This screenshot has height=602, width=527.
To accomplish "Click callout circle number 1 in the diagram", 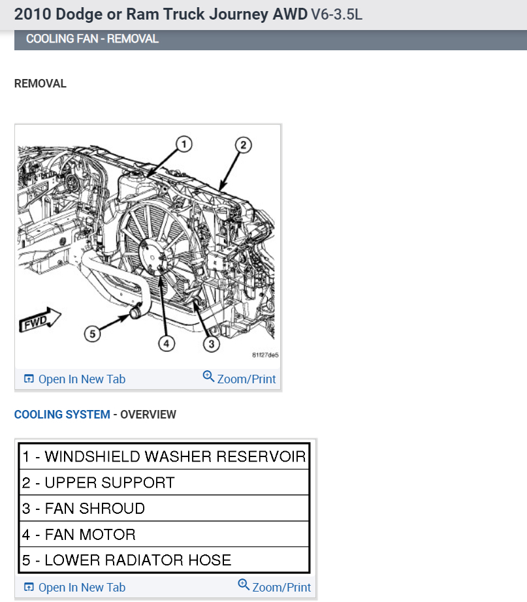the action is pos(184,144).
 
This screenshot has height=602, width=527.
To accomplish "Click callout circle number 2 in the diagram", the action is pos(242,145).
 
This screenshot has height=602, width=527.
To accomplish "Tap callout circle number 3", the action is pos(211,341).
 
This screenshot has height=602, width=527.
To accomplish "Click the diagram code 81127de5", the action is pos(265,356).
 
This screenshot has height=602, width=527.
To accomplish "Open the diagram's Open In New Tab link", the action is pos(74,379).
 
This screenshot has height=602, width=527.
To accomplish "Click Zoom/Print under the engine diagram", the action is pos(240,379).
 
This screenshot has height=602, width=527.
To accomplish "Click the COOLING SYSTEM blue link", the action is pos(62,415).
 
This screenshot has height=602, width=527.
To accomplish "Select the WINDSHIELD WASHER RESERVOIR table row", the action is pos(164,456).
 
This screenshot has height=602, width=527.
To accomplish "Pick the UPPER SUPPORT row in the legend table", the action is pos(164,483).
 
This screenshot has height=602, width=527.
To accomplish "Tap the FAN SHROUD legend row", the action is pos(164,509).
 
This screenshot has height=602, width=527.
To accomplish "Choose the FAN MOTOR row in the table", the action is pos(164,535).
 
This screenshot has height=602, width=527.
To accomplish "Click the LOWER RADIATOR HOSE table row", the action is pos(164,560).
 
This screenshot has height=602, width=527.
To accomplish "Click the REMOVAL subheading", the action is pos(40,84).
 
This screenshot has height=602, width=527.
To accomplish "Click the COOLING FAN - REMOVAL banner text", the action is pos(92,39).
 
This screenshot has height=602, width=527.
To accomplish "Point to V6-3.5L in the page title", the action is pos(336,14).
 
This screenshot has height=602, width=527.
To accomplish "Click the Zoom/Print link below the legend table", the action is pos(275,587).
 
